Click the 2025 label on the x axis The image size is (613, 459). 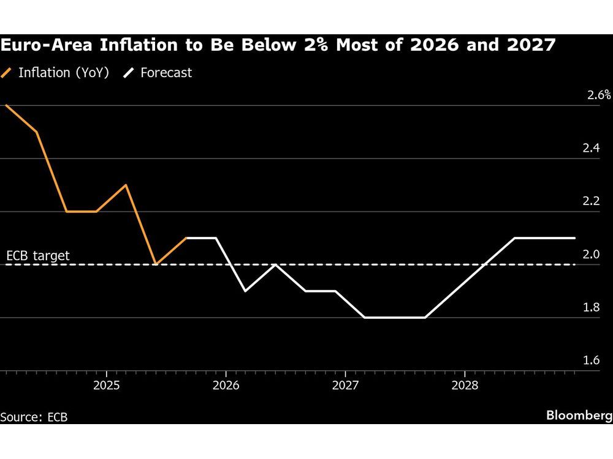pyautogui.click(x=106, y=387)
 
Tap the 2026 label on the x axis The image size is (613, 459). pyautogui.click(x=226, y=387)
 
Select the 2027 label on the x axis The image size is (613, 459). pyautogui.click(x=345, y=387)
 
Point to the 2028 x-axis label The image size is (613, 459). pyautogui.click(x=465, y=387)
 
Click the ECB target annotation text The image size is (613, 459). pyautogui.click(x=37, y=255)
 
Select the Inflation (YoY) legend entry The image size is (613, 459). pyautogui.click(x=56, y=73)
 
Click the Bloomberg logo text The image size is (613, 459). pyautogui.click(x=579, y=416)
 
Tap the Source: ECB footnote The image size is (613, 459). pyautogui.click(x=34, y=417)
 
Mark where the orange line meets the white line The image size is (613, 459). pyautogui.click(x=186, y=238)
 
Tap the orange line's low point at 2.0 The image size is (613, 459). pyautogui.click(x=156, y=264)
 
